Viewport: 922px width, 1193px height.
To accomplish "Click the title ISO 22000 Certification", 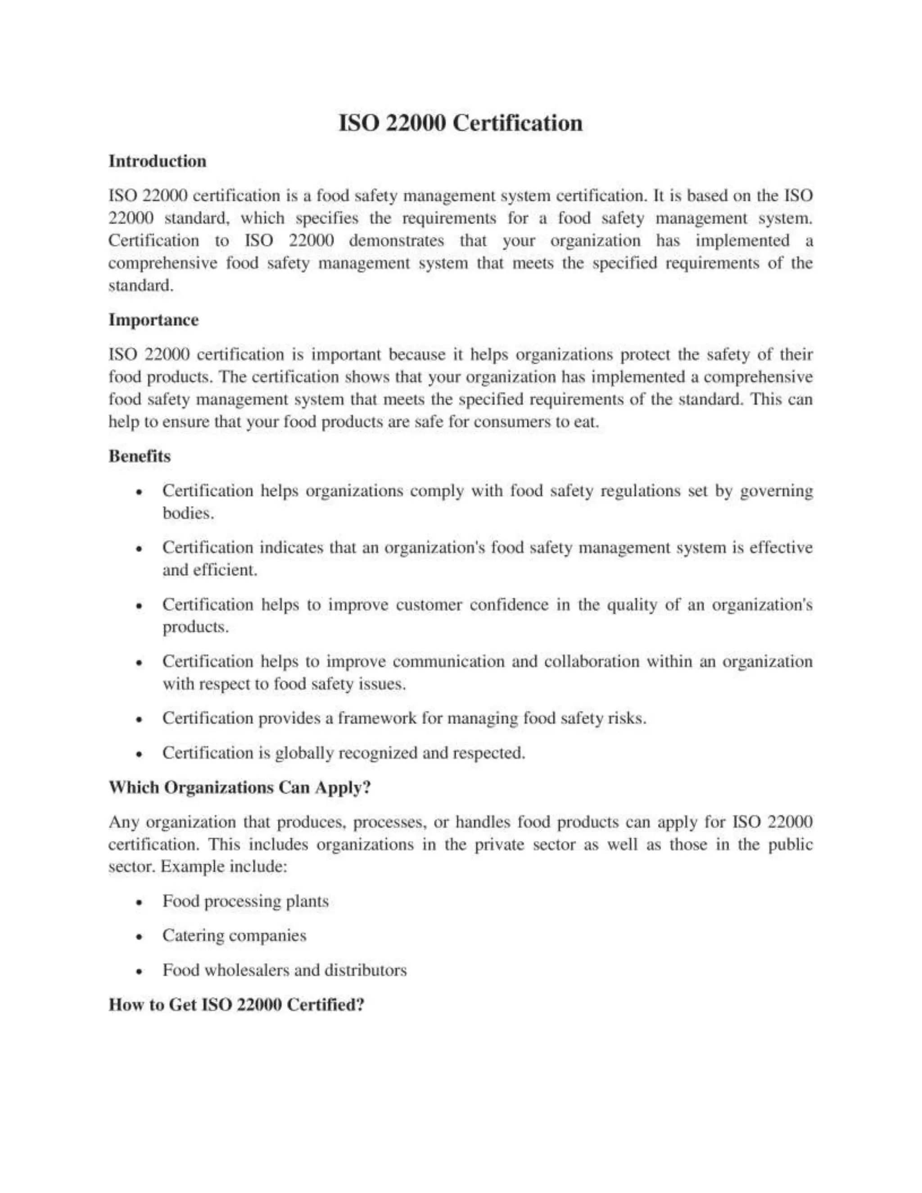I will click(461, 123).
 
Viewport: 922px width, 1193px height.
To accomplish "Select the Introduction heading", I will click(157, 161).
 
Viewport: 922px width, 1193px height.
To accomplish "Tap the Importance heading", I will click(154, 320).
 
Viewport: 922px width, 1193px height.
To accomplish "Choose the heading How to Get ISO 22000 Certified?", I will click(236, 1004).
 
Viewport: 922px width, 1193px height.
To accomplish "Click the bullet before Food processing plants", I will click(140, 902).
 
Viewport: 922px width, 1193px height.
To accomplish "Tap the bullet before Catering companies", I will click(140, 937).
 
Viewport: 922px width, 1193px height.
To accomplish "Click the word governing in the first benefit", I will click(776, 491).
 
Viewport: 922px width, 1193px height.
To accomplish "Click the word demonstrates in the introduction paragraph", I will click(396, 241).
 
